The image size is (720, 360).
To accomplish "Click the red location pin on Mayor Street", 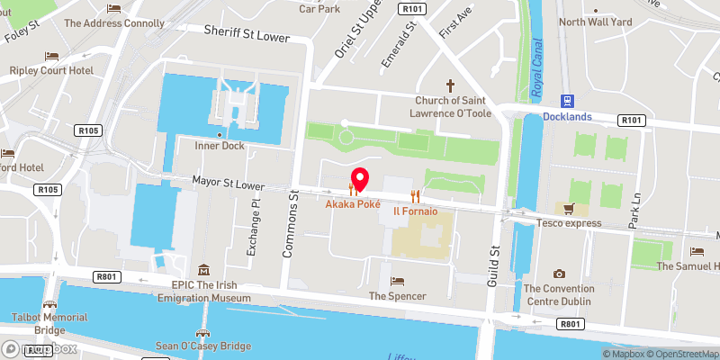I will pyautogui.click(x=359, y=179).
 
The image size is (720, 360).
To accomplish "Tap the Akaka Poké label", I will pyautogui.click(x=353, y=204).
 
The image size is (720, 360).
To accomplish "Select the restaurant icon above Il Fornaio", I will pyautogui.click(x=415, y=194).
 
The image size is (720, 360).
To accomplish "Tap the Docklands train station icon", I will pyautogui.click(x=567, y=101).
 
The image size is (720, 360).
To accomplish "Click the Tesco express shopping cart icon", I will pyautogui.click(x=568, y=209).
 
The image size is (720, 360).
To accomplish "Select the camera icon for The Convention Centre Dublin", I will pyautogui.click(x=559, y=274).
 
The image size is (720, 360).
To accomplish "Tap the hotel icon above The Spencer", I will pyautogui.click(x=397, y=281).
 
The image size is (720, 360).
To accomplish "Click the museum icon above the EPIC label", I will pyautogui.click(x=204, y=270).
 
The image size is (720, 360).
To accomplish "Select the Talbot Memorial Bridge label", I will pyautogui.click(x=49, y=323).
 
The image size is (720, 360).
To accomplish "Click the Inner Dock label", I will pyautogui.click(x=220, y=145).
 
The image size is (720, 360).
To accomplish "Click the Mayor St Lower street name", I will pyautogui.click(x=228, y=184).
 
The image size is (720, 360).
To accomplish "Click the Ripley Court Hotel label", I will pyautogui.click(x=51, y=69).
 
